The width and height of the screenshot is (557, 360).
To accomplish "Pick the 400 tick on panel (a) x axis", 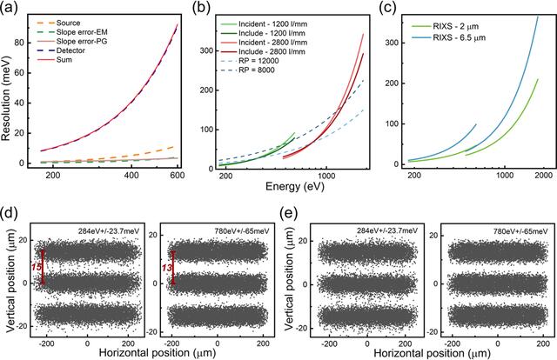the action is point(131,175).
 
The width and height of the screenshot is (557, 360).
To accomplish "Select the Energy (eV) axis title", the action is point(295,186).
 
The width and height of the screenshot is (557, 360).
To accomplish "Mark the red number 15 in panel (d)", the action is point(37,267).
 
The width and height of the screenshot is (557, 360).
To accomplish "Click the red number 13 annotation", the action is point(167,268).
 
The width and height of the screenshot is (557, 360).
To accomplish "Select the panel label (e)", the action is point(289,213).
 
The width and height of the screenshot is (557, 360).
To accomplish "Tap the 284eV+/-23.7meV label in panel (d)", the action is point(109,231).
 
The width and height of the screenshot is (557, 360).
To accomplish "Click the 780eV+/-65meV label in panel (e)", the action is point(520,231).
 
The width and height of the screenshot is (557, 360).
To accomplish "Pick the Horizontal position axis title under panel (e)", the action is point(432,353).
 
